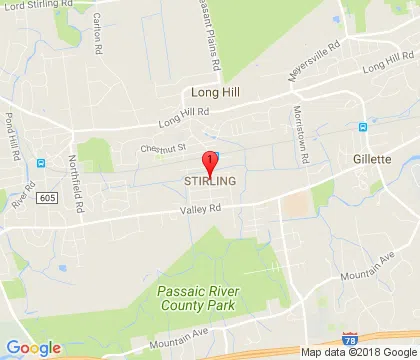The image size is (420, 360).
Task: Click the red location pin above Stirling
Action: pyautogui.click(x=210, y=162)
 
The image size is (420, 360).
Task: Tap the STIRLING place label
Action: pyautogui.click(x=210, y=181)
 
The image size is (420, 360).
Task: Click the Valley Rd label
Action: pyautogui.click(x=199, y=209)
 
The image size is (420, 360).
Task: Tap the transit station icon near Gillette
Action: pyautogui.click(x=362, y=127)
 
